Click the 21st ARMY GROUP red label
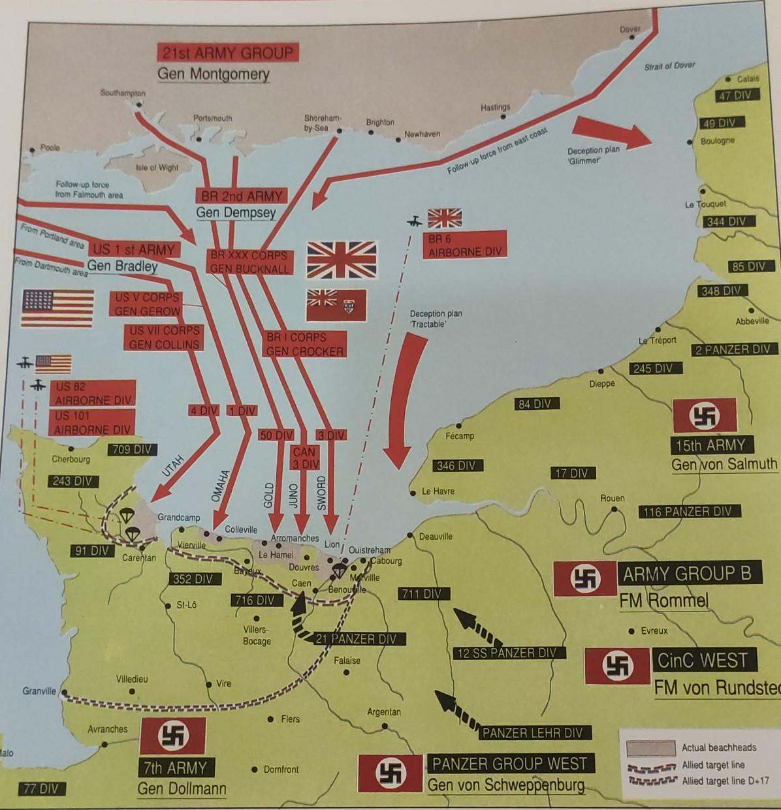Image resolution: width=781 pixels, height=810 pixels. (x=227, y=53)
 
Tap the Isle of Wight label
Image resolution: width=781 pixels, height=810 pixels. (x=157, y=168)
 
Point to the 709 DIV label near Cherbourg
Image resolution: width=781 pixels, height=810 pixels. (x=132, y=449)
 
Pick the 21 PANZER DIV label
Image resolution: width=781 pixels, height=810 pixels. (x=356, y=639)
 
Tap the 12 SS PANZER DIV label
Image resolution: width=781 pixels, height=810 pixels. (x=507, y=653)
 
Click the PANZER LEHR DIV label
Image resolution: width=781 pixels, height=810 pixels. (x=532, y=733)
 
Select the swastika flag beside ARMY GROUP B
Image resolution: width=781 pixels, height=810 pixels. (x=584, y=578)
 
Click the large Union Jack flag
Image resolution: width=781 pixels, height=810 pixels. (x=342, y=260)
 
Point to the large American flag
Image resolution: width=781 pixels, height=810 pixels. (x=57, y=309)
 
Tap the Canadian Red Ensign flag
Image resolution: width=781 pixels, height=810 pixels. (x=336, y=305)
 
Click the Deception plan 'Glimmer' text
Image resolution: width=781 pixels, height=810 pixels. (x=593, y=155)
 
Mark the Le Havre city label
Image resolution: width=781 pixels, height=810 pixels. (x=438, y=491)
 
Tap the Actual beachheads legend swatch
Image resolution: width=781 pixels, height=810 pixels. (x=650, y=748)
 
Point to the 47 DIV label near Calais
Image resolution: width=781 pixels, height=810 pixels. (x=735, y=95)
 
